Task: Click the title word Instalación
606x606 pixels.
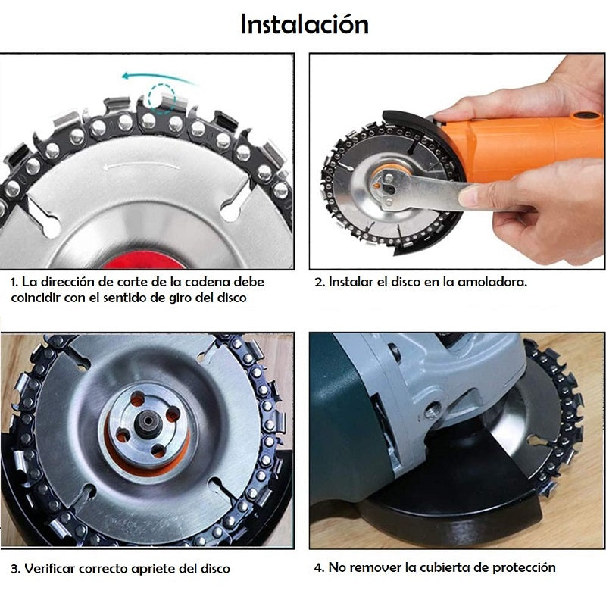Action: click(305, 24)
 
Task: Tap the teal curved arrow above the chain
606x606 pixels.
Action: click(158, 77)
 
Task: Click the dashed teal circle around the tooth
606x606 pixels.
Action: click(162, 98)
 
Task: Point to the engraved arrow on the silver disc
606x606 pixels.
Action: click(141, 166)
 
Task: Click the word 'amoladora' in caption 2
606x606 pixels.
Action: click(492, 282)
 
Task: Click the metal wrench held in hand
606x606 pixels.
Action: click(421, 192)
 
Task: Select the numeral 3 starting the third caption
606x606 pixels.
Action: click(14, 569)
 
